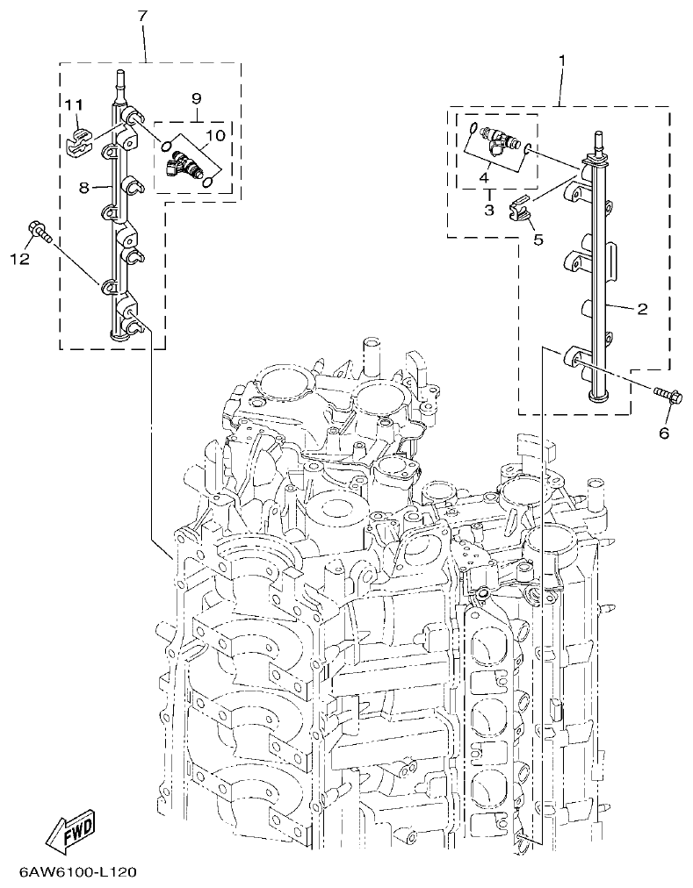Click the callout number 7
click(x=143, y=17)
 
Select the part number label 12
click(x=20, y=259)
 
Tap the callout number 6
click(x=663, y=433)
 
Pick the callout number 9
click(x=196, y=97)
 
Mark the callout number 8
click(x=84, y=187)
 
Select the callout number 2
click(x=642, y=309)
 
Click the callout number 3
click(x=489, y=211)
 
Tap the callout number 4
click(x=483, y=177)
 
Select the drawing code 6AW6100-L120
click(x=76, y=873)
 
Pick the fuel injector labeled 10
click(x=186, y=163)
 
